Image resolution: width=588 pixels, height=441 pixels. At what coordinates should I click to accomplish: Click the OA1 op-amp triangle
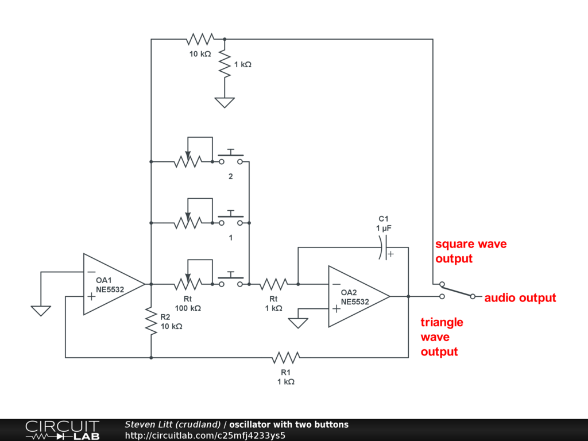(112, 284)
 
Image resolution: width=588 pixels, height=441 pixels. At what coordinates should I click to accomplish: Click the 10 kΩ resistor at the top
(199, 40)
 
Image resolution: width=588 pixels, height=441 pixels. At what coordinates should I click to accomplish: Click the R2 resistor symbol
(150, 321)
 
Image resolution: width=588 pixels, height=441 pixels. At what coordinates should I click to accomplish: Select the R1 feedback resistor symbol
(285, 358)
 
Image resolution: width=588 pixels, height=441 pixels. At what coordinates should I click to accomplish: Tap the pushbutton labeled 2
(231, 158)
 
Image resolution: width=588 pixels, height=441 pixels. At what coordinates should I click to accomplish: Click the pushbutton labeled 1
(231, 219)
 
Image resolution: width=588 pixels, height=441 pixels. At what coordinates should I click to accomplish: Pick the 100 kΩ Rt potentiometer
(187, 283)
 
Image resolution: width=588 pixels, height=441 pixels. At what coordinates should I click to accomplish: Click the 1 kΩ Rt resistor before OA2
(273, 284)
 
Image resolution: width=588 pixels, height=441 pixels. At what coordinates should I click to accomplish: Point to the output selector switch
(457, 291)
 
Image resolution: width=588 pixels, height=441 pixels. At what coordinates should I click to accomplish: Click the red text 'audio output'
(520, 298)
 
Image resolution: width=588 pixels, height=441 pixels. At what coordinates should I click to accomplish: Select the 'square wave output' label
(471, 252)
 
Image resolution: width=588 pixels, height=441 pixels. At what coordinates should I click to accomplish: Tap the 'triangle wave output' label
(442, 337)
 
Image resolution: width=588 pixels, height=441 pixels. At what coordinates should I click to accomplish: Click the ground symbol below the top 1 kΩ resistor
(225, 102)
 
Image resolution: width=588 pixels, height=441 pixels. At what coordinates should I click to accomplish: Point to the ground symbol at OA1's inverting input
(41, 311)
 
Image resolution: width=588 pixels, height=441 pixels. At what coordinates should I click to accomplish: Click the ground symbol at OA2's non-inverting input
(299, 323)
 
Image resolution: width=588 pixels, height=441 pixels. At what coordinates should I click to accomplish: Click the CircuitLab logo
(62, 430)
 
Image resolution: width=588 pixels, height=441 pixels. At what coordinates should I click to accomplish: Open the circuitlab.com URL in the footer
(205, 435)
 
